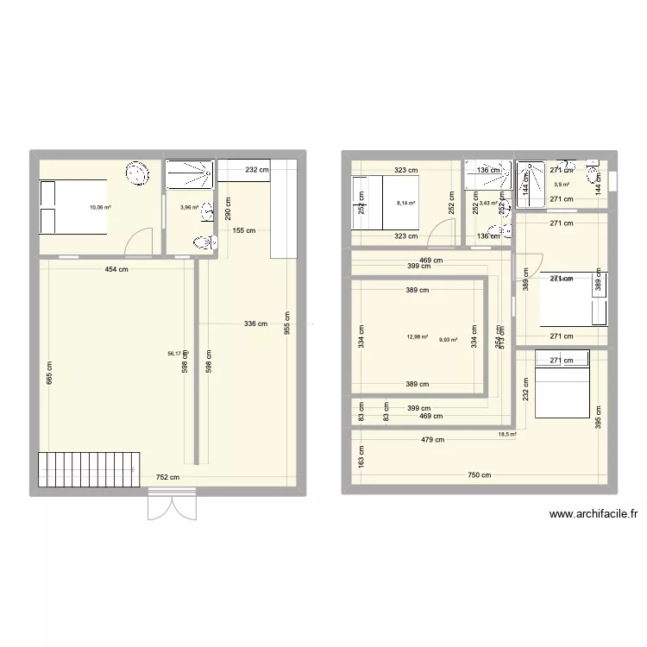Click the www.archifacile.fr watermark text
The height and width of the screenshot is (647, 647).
pyautogui.click(x=593, y=515)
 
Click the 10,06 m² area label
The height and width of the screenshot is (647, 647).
pyautogui.click(x=100, y=207)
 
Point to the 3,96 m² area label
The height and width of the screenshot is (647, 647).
pyautogui.click(x=189, y=207)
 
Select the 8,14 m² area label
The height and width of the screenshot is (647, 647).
pyautogui.click(x=405, y=204)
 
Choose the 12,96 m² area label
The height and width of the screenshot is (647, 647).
pyautogui.click(x=418, y=337)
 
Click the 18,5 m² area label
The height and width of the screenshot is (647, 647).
pyautogui.click(x=506, y=435)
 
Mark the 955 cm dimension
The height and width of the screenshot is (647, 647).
pyautogui.click(x=286, y=325)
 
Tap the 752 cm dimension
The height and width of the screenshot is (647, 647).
pyautogui.click(x=167, y=477)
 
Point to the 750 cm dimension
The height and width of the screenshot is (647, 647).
pyautogui.click(x=480, y=475)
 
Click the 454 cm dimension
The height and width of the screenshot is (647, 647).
pyautogui.click(x=116, y=269)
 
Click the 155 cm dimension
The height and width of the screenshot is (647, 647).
pyautogui.click(x=244, y=230)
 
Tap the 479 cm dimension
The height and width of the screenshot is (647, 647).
pyautogui.click(x=433, y=439)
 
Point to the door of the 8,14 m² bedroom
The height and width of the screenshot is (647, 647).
pyautogui.click(x=443, y=233)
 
